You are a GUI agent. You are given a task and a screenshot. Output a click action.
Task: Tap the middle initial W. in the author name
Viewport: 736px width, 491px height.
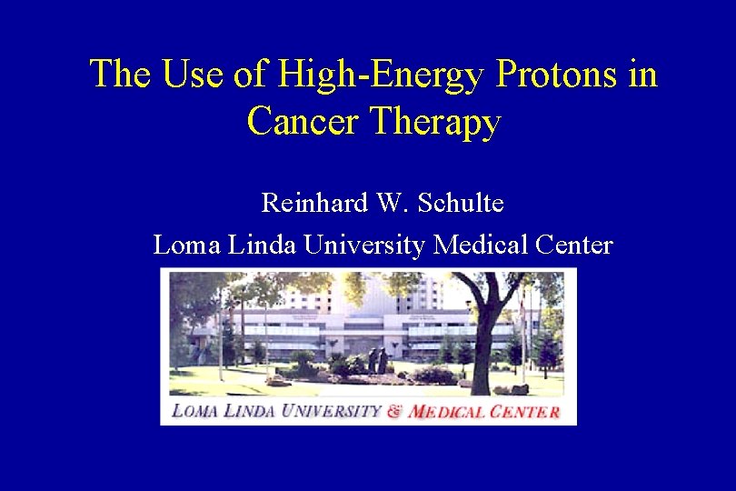pyautogui.click(x=389, y=202)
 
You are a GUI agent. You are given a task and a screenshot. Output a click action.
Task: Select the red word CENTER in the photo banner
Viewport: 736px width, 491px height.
pyautogui.click(x=522, y=411)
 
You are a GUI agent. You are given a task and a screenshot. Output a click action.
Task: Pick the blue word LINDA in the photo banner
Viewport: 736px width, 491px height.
pyautogui.click(x=250, y=411)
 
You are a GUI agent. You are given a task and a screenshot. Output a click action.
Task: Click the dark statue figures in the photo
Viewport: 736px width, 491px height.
pyautogui.click(x=377, y=360)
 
